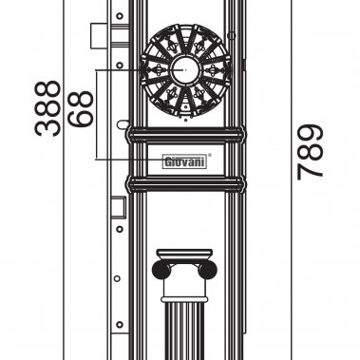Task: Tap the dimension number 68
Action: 83,106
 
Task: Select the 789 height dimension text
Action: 311,152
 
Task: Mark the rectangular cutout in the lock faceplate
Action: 117,206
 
